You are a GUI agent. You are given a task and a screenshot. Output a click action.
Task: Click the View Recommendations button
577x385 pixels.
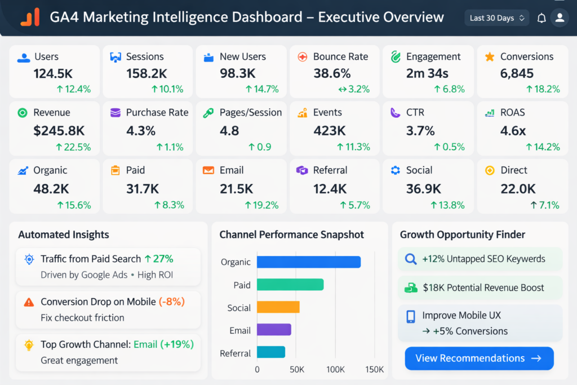[479, 359]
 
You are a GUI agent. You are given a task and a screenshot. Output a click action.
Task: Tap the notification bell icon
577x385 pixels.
[542, 18]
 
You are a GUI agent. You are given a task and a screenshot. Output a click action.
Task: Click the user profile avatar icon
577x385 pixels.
[560, 18]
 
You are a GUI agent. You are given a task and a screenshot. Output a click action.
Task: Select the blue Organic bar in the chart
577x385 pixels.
[308, 262]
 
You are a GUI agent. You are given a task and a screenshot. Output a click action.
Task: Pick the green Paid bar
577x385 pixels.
[290, 285]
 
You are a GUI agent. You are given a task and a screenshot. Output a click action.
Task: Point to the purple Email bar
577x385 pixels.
[274, 330]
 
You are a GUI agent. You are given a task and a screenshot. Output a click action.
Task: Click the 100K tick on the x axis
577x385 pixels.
[335, 370]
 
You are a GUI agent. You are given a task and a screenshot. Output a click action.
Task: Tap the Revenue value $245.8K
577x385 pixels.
[59, 131]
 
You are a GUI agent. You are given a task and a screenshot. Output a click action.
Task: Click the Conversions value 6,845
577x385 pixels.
[517, 73]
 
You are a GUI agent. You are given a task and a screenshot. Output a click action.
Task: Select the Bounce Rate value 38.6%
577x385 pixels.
[332, 73]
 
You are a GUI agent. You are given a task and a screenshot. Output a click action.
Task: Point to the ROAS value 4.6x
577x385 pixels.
[513, 131]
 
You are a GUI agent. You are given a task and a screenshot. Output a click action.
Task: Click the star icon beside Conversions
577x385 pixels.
[490, 57]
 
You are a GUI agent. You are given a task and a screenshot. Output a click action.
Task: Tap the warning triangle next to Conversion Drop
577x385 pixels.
[29, 302]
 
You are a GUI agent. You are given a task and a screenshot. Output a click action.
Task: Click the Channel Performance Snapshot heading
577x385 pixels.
[291, 234]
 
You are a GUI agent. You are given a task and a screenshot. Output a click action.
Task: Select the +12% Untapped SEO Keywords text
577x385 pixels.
[483, 259]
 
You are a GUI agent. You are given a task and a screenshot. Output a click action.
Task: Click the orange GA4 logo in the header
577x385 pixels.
[30, 17]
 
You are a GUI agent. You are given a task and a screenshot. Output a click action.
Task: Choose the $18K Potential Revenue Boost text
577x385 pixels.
[483, 287]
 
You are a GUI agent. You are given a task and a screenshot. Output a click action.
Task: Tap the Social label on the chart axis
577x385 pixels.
[239, 308]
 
